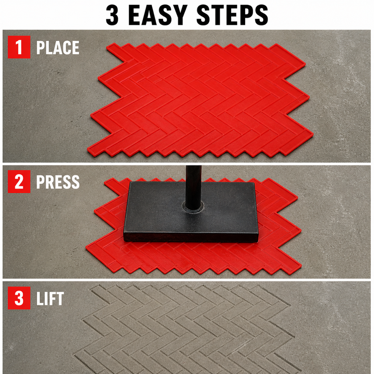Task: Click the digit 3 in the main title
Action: [112, 15]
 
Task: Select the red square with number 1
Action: [19, 47]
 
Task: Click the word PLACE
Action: [58, 47]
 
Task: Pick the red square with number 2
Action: [19, 181]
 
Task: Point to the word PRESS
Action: [58, 182]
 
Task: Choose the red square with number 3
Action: [19, 298]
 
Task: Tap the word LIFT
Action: [50, 298]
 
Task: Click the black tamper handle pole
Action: [194, 187]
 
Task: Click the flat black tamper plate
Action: [191, 212]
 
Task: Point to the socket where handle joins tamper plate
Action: [194, 206]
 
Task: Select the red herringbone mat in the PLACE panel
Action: [201, 100]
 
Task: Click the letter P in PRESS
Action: [40, 182]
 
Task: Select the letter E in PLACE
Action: [75, 47]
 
